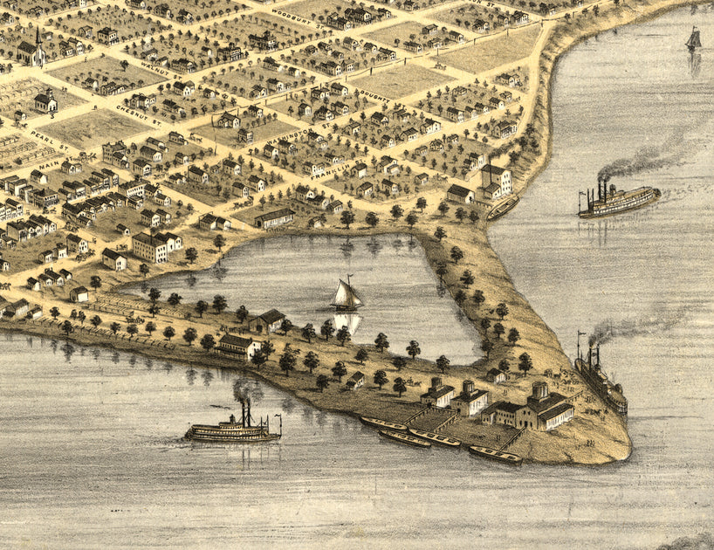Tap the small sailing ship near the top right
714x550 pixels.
(693, 39)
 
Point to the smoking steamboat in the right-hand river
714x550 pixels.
(618, 201)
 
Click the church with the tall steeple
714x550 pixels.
(35, 50)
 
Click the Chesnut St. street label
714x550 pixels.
(134, 110)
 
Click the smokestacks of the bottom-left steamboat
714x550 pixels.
(246, 410)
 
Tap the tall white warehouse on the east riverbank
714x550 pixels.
(495, 180)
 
